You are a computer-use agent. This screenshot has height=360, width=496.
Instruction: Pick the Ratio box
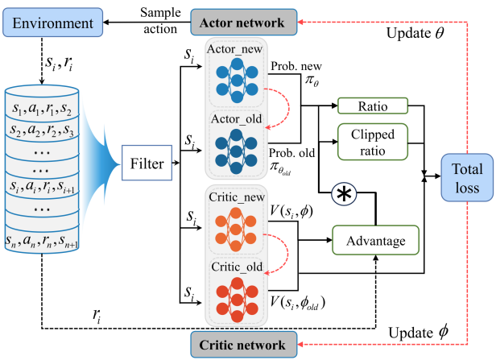pyautogui.click(x=373, y=106)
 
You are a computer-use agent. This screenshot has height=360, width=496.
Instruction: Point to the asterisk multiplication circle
pyautogui.click(x=344, y=195)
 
